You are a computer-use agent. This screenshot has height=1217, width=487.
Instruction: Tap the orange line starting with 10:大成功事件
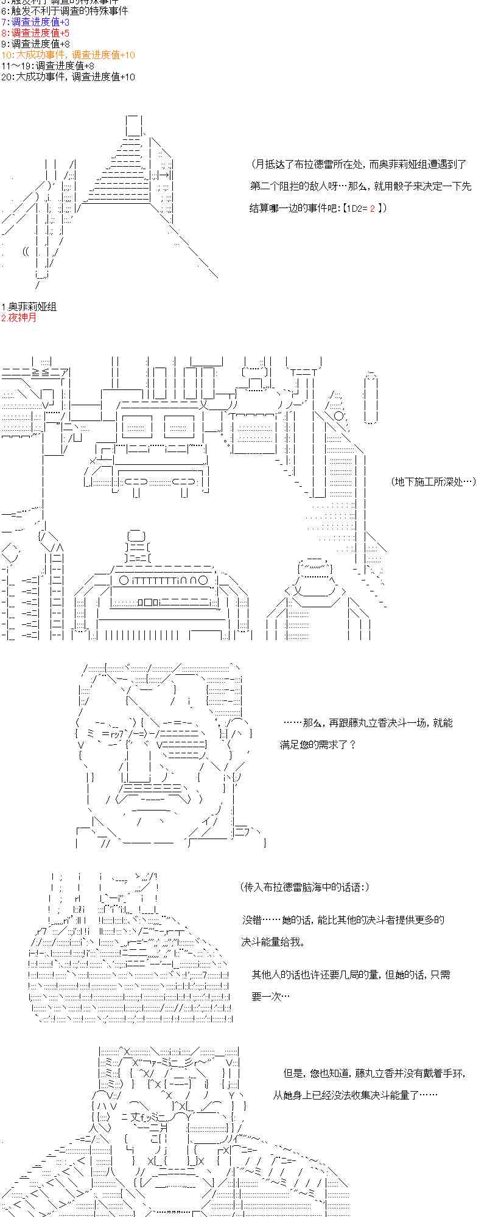pyautogui.click(x=68, y=55)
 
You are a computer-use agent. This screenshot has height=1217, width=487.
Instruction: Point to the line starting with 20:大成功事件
pyautogui.click(x=68, y=77)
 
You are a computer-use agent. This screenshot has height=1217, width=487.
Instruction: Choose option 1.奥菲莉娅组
pyautogui.click(x=29, y=307)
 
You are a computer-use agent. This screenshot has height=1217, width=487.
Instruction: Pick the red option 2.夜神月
pyautogui.click(x=19, y=318)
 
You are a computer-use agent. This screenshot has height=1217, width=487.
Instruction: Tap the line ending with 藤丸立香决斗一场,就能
pyautogui.click(x=368, y=723)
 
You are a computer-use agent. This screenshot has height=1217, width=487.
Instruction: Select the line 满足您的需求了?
pyautogui.click(x=317, y=745)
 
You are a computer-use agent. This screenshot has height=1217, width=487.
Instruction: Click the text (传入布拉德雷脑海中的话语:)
pyautogui.click(x=305, y=887)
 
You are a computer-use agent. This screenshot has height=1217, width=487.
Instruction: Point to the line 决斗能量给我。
pyautogui.click(x=272, y=942)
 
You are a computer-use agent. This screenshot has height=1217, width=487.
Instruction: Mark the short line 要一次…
pyautogui.click(x=270, y=997)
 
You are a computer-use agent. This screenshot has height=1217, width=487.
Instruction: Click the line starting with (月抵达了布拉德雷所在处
pyautogui.click(x=359, y=164)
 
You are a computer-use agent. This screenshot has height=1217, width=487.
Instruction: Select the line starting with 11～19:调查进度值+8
pyautogui.click(x=47, y=66)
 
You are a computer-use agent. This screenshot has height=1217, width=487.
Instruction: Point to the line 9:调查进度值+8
pyautogui.click(x=35, y=44)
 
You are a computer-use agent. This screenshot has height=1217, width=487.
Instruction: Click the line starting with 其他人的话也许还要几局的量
pyautogui.click(x=351, y=975)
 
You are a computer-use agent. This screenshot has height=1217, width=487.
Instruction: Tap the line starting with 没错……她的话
pyautogui.click(x=343, y=920)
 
